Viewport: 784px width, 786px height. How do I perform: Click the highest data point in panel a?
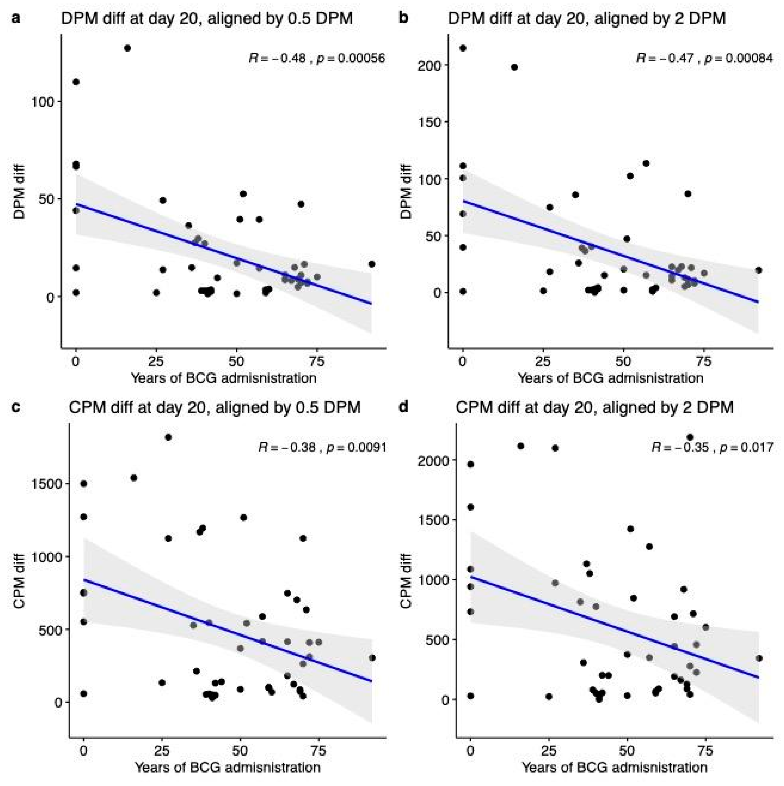(127, 48)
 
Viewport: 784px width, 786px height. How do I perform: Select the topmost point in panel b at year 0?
(463, 48)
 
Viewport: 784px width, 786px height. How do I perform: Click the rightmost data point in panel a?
(371, 264)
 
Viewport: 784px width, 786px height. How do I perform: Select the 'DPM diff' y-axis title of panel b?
(406, 191)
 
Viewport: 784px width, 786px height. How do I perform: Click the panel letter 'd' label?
(403, 407)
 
